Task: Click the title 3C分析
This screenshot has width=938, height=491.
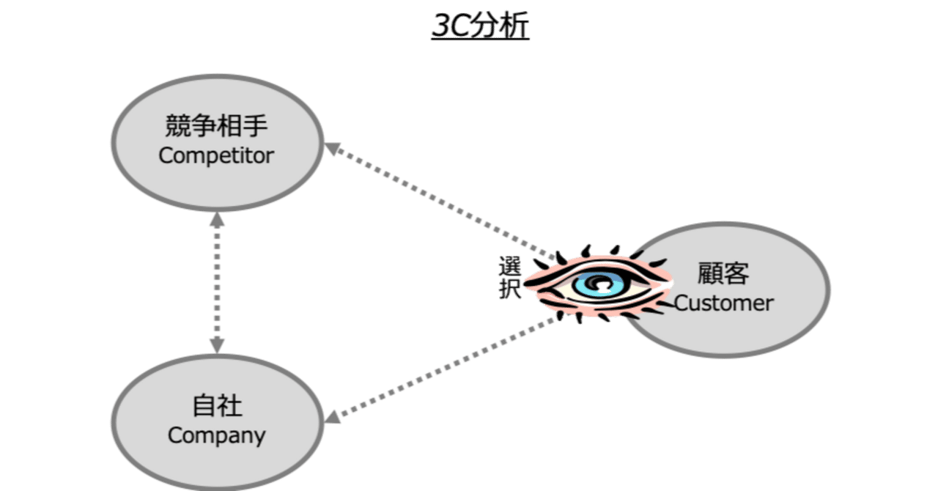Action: click(480, 27)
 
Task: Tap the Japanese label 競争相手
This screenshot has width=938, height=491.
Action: click(216, 127)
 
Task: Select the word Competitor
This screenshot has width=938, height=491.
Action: click(216, 155)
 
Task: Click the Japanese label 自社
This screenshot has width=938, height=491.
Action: click(216, 405)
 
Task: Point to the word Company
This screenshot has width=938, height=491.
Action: click(216, 435)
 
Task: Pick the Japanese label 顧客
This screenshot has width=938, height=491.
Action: click(723, 273)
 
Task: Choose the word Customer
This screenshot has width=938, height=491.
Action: click(723, 303)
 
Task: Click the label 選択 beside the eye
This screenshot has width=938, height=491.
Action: click(509, 277)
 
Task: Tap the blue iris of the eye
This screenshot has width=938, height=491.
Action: click(595, 284)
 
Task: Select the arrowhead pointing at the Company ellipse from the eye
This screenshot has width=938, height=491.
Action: click(333, 416)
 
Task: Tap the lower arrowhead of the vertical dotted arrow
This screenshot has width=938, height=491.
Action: click(217, 344)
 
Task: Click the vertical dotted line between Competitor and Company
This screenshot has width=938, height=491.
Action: click(217, 282)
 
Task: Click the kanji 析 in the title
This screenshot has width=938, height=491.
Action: click(515, 27)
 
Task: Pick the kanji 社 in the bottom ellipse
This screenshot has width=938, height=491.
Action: click(229, 405)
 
